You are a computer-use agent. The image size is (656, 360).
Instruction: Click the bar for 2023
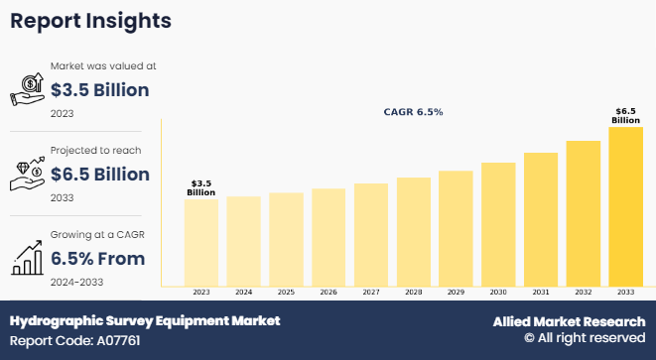point(201,243)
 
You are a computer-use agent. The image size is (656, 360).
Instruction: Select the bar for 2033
point(625,206)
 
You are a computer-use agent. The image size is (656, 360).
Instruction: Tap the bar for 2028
point(413,232)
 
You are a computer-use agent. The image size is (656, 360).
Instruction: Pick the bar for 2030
point(498,224)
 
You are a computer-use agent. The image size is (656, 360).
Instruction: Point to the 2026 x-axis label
point(328,293)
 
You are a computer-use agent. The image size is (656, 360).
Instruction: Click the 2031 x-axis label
point(541,293)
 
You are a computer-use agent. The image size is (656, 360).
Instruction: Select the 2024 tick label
point(243,293)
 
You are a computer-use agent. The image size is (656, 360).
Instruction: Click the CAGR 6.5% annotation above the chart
point(413,112)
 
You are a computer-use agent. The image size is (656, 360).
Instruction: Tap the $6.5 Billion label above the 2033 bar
point(625,116)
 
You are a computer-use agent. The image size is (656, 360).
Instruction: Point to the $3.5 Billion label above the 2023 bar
point(201,188)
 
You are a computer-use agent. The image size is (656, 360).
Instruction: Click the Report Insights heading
point(90,21)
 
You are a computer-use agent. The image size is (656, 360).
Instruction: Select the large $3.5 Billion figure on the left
point(99,90)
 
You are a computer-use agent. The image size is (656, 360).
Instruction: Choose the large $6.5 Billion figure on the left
point(100,175)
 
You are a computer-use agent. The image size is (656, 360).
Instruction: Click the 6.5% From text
point(98,259)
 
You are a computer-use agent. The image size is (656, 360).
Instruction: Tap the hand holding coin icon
point(27,89)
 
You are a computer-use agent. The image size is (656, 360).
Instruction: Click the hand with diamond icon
point(27,174)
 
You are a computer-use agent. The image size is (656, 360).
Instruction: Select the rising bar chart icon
point(27,258)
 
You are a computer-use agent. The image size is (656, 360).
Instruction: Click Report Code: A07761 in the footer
point(74,341)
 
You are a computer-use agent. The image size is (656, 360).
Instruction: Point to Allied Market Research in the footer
point(569,321)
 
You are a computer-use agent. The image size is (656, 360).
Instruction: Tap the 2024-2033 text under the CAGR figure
point(77,283)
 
